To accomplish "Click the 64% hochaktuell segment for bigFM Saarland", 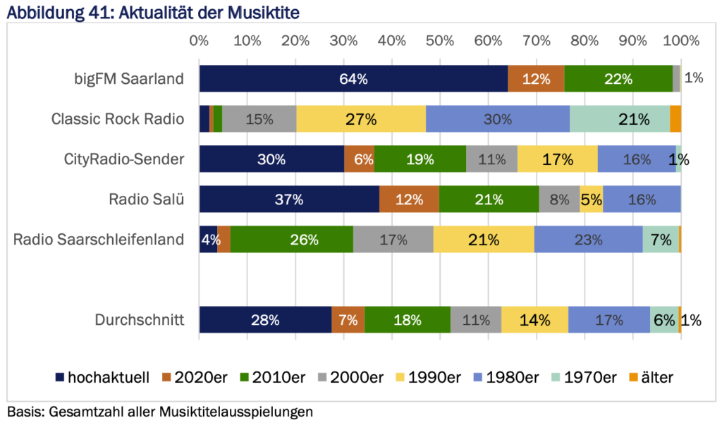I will tap(353, 79).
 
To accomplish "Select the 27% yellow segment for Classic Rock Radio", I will tap(361, 119).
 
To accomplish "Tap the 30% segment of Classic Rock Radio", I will tap(498, 119).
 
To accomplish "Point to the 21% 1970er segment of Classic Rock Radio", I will tap(620, 119).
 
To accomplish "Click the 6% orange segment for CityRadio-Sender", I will tap(359, 159).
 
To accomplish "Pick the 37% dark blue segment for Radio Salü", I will tap(289, 199).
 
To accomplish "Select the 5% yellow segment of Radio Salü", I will tap(592, 199).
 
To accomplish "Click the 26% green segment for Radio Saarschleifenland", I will tap(292, 240).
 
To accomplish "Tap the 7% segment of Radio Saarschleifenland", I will tap(661, 240).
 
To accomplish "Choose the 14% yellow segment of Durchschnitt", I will tap(534, 320).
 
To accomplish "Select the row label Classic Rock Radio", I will tap(118, 119).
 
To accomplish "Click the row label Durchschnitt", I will tap(140, 320).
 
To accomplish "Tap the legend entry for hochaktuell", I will tap(102, 377).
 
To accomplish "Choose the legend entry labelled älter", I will tap(649, 377).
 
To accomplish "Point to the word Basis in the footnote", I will tap(23, 411).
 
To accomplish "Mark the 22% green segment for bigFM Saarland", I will tap(618, 79).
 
